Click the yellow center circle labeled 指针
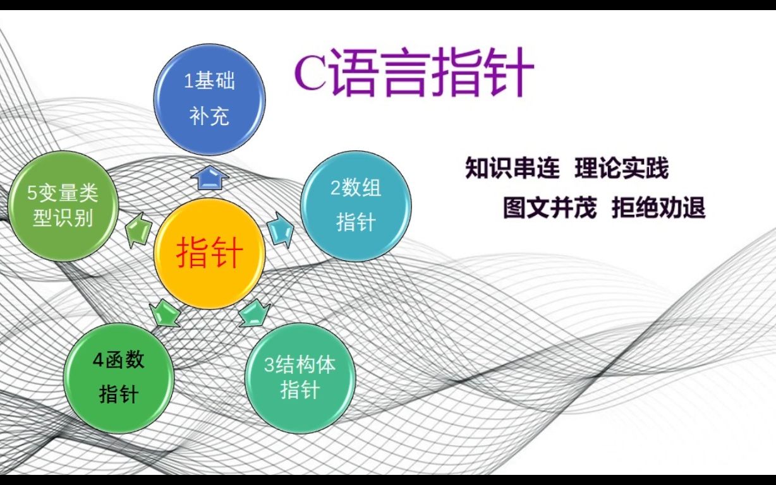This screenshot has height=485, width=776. pos(209,254)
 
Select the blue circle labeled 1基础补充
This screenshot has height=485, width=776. pos(209,99)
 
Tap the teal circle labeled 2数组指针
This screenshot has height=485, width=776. pos(356,205)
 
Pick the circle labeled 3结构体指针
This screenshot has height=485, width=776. pos(300,377)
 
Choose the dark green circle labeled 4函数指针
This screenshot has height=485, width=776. pos(119,378)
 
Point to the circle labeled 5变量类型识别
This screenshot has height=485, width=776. pos(63,206)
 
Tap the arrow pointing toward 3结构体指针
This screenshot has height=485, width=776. pos(254,313)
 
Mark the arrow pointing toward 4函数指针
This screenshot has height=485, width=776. pos(163,313)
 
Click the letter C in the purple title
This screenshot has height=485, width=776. pos(310,75)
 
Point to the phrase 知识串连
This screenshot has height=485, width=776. pos(512,169)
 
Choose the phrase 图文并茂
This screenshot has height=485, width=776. pos(550,207)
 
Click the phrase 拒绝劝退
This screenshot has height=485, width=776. pos(658,207)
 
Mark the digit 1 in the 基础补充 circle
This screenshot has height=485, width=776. pos(188,82)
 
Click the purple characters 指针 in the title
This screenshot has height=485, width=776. pos(483,74)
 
